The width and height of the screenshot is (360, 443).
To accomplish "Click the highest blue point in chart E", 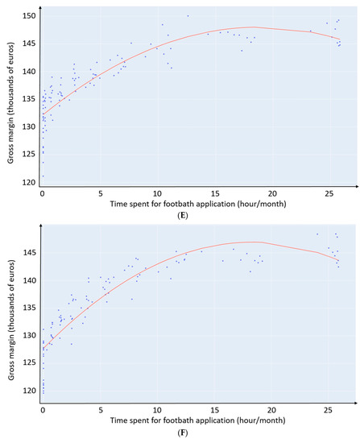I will pyautogui.click(x=188, y=16).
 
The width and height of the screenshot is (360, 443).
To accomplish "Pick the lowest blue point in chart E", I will pyautogui.click(x=43, y=176).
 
